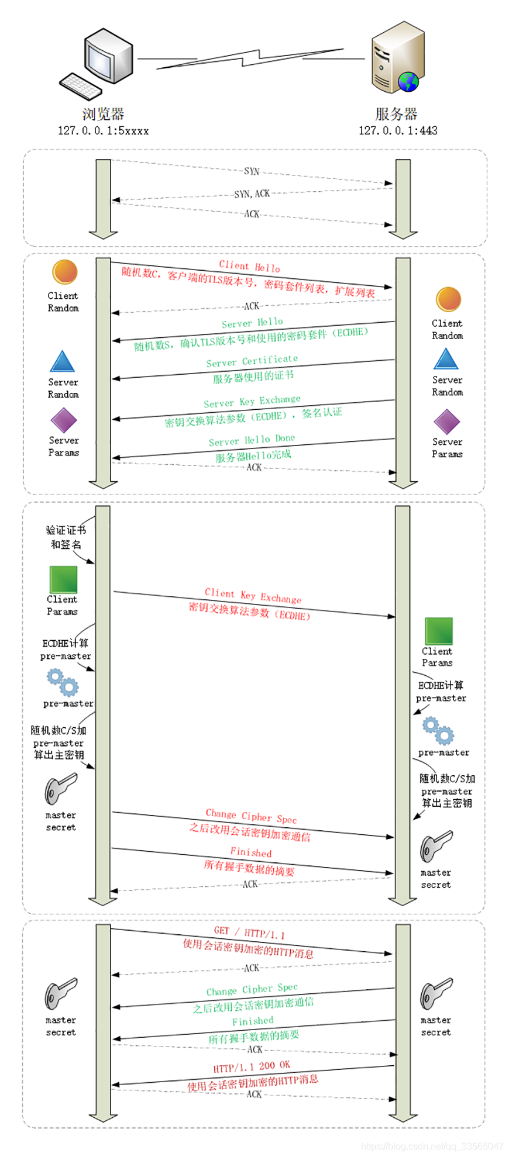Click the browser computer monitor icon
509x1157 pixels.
coord(108,57)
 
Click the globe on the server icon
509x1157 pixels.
coord(408,81)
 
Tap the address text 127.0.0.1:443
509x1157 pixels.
coord(398,130)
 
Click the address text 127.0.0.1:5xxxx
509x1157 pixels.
coord(103,130)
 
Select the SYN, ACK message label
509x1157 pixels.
coord(252,194)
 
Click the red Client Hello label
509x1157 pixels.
coord(250,267)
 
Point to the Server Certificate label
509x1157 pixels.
coord(252,361)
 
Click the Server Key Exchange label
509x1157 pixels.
coord(252,401)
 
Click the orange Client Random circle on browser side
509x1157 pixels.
coord(64,272)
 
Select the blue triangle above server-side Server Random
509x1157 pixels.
coord(446,359)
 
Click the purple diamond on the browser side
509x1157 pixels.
coord(63,420)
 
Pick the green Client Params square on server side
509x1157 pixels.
coord(438,631)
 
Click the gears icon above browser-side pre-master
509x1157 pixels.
coord(63,682)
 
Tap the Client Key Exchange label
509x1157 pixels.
coord(253,595)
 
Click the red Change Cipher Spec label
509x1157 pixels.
coord(252,816)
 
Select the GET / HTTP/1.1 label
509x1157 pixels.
coord(249,932)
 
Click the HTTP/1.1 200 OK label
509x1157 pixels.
coord(252,1066)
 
